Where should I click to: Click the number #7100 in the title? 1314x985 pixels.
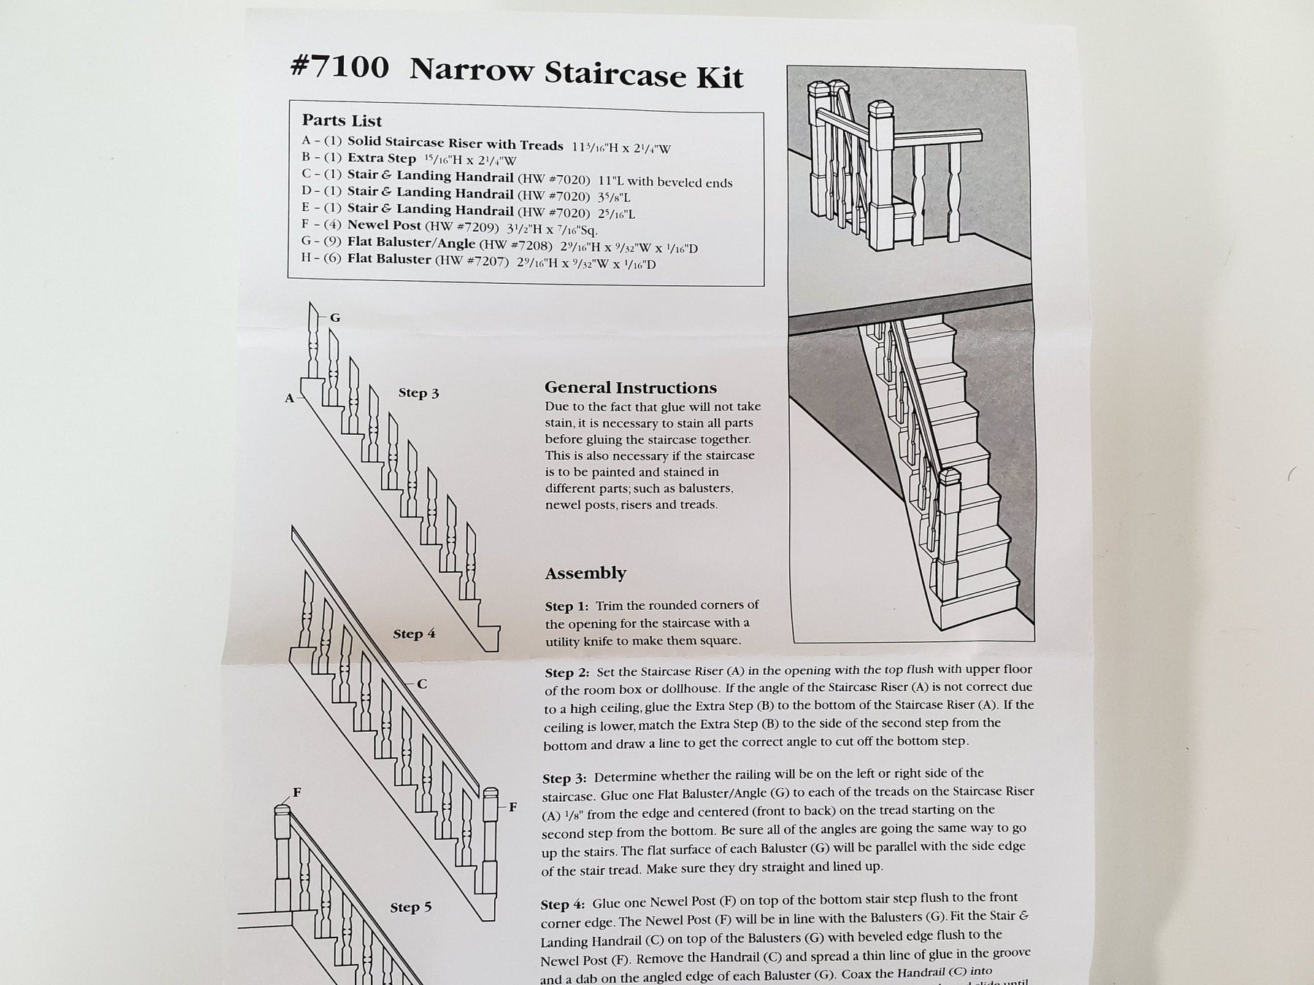click(339, 67)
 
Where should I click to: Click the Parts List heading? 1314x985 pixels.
click(342, 120)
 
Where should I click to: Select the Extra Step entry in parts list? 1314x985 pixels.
click(381, 158)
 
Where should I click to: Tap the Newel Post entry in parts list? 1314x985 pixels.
click(384, 225)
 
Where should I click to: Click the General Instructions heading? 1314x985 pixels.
click(631, 387)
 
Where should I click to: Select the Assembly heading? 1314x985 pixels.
click(585, 573)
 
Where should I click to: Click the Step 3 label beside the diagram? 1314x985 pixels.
click(418, 393)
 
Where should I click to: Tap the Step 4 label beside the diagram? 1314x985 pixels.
click(414, 633)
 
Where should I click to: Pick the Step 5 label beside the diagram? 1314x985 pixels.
click(410, 907)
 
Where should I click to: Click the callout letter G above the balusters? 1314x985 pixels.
click(335, 318)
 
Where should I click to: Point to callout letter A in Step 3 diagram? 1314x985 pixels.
click(290, 398)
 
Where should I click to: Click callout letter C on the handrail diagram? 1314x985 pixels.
click(422, 684)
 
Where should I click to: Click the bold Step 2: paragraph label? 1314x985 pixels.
click(567, 671)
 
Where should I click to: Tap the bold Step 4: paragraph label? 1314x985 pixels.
click(563, 904)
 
